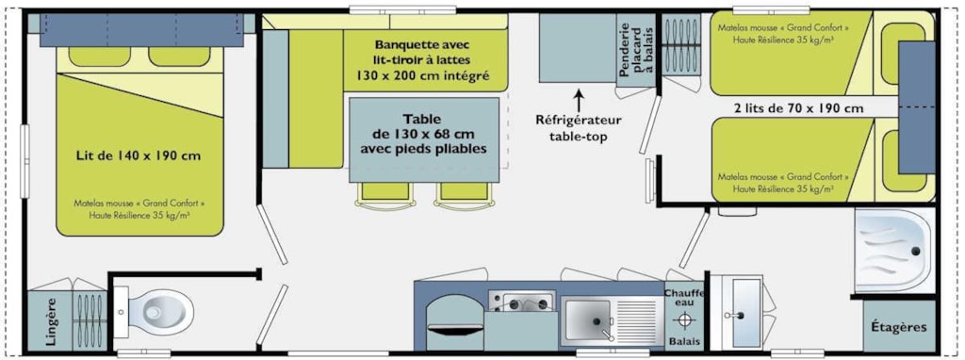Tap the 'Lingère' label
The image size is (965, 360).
pos(51,321)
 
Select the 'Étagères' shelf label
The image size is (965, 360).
pos(898,327)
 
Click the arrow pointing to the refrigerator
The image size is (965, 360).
pos(579,99)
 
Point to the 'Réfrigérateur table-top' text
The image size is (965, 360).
pos(579,128)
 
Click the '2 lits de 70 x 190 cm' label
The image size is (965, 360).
pos(799,109)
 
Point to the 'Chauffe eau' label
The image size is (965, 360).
pos(684,297)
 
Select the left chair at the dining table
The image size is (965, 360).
pos(385,194)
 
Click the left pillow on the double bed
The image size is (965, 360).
pos(99,57)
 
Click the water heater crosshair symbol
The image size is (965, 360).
pos(684,320)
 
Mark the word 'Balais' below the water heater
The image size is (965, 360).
pos(684,341)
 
